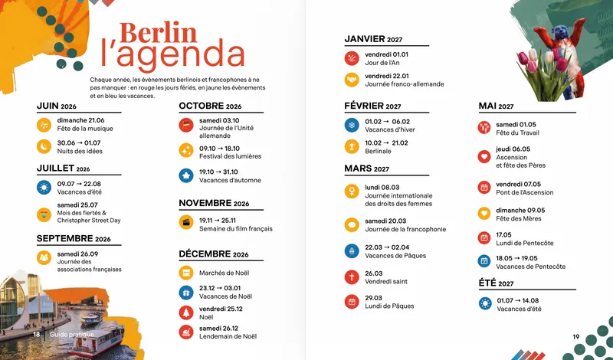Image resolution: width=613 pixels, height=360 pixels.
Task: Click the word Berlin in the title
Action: pos(158,33)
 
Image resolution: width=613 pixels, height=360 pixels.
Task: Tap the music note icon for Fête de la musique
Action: pos(44,125)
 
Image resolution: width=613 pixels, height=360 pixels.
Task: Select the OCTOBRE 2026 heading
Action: pos(210,106)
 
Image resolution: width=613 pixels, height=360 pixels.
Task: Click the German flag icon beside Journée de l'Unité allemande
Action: pos(186,125)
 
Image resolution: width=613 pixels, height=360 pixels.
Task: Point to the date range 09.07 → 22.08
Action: pos(79,184)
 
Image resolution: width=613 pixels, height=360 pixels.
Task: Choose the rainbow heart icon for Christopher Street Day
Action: pos(44,214)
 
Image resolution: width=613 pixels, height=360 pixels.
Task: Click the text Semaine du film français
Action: pos(236,229)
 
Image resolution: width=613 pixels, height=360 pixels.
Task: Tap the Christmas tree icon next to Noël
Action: pos(186,313)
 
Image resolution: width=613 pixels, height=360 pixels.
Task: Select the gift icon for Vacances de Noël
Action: pos(186,293)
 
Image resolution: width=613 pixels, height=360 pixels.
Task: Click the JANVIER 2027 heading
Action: pos(373,39)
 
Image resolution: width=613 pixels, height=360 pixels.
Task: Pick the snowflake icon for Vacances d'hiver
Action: pos(352,125)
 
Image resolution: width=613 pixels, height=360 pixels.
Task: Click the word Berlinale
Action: pos(378,151)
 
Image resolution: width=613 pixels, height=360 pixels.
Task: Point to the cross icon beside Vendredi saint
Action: pos(352,277)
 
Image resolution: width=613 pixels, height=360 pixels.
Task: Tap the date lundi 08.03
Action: pos(382,187)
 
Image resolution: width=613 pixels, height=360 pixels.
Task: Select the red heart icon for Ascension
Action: pos(484,157)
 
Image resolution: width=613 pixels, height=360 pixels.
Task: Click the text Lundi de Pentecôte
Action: pos(525,243)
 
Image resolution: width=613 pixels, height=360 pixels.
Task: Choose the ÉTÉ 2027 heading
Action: pos(496,283)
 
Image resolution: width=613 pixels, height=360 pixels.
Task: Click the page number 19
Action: pos(576,336)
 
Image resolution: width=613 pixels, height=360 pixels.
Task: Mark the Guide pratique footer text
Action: pos(72,334)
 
